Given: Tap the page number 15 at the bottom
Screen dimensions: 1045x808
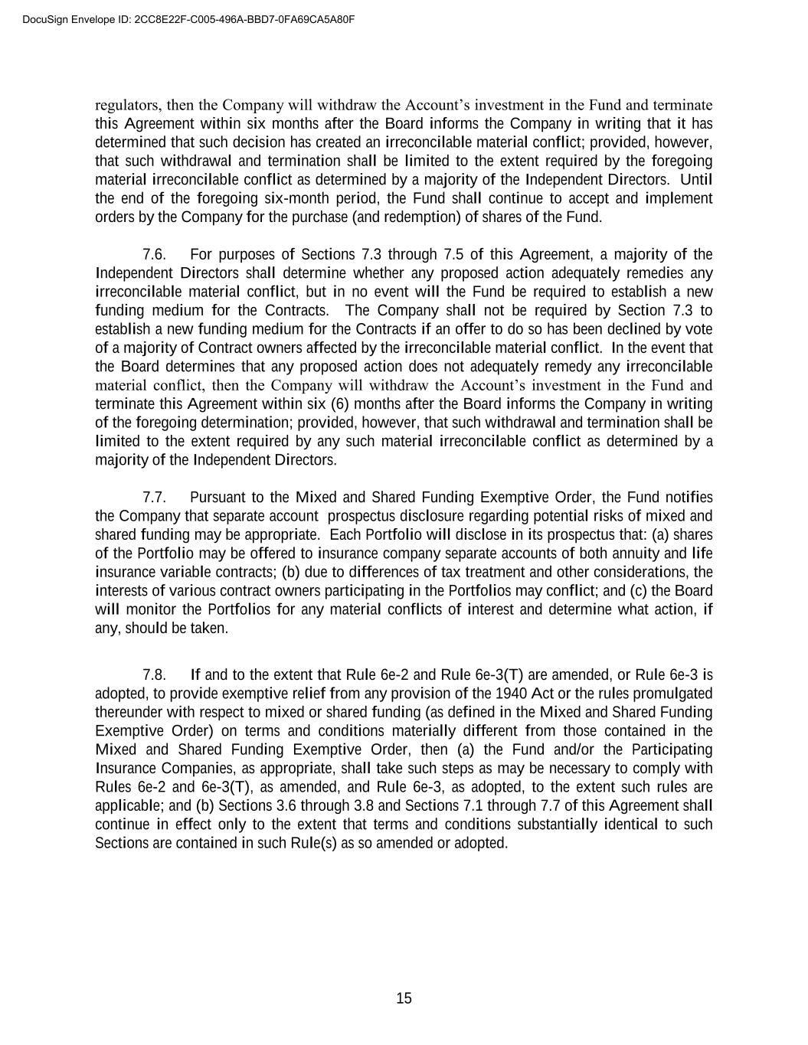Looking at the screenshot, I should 404,998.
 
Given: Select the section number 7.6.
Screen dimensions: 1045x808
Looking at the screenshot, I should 155,255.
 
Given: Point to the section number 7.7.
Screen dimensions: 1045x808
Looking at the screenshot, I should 155,498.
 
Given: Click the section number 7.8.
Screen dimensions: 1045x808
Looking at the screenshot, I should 155,675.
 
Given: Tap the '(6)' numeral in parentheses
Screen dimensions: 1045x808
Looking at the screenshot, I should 340,404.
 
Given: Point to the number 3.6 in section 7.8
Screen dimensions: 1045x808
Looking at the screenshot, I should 280,806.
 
